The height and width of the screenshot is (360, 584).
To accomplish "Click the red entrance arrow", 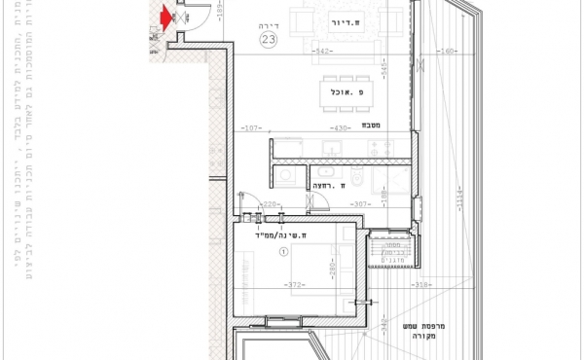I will click(x=166, y=16).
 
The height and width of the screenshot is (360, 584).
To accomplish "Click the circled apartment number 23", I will click(x=269, y=39).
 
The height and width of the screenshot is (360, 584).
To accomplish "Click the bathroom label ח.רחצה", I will click(x=324, y=184).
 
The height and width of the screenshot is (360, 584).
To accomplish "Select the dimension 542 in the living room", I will click(x=325, y=49).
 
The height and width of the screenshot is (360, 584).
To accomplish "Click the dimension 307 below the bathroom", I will click(x=361, y=204).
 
